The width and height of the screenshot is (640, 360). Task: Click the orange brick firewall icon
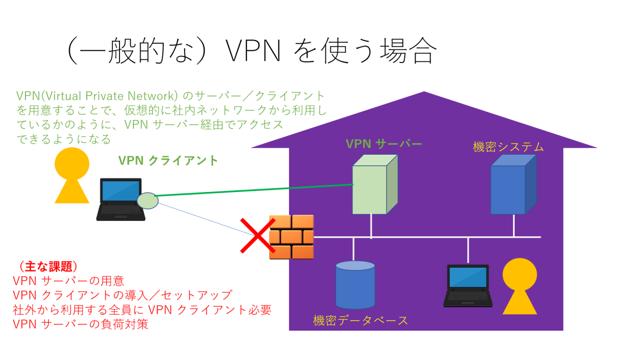(x=291, y=237)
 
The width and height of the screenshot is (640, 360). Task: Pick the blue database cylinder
(x=355, y=285)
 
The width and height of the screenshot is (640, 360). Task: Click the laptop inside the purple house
(x=467, y=285)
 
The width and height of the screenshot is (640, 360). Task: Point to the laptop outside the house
(x=121, y=199)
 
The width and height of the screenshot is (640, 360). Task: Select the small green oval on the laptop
(x=148, y=201)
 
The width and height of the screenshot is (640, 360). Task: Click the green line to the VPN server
(x=256, y=190)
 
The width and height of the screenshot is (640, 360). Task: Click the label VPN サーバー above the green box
(x=383, y=143)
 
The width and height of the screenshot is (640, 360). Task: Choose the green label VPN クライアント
(x=168, y=161)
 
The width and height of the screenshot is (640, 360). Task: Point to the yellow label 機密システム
(x=508, y=147)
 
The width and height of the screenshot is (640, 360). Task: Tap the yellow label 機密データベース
(x=361, y=321)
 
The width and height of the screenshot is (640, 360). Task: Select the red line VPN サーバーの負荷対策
(x=80, y=324)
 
